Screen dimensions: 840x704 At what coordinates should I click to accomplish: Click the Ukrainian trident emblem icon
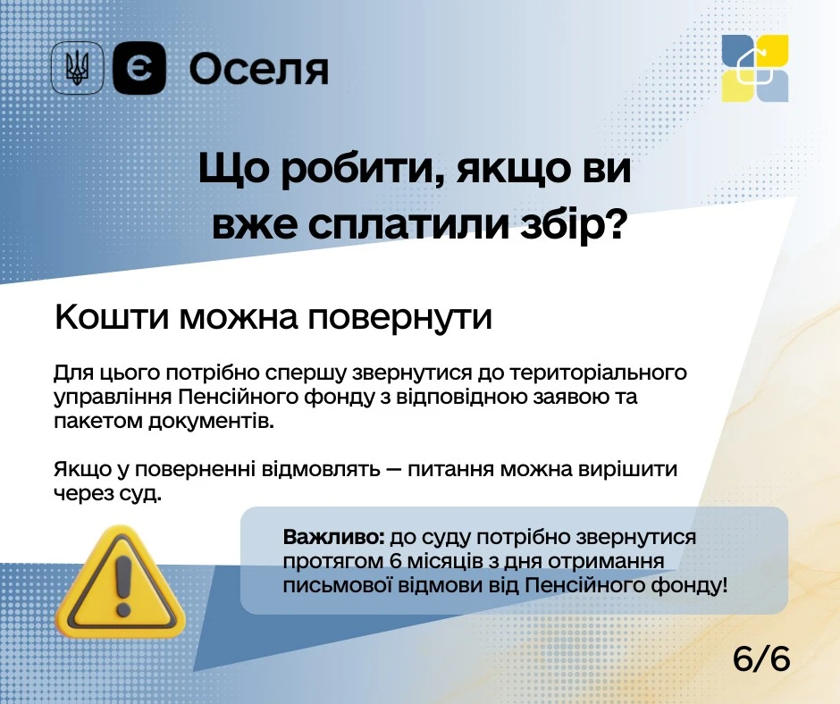pyautogui.click(x=77, y=68)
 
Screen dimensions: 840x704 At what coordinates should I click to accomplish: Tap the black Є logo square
pyautogui.click(x=139, y=68)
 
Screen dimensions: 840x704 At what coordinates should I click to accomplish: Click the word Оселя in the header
pyautogui.click(x=259, y=70)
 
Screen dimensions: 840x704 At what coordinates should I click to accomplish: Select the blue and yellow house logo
pyautogui.click(x=755, y=68)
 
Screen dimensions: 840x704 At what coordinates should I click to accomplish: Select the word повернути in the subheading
pyautogui.click(x=399, y=318)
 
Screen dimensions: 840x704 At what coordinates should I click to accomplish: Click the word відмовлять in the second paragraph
pyautogui.click(x=321, y=469)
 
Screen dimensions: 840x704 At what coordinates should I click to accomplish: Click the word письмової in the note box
pyautogui.click(x=336, y=585)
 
